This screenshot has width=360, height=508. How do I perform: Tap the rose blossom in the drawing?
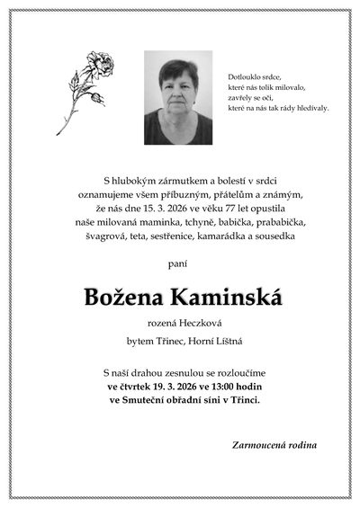(x=98, y=66)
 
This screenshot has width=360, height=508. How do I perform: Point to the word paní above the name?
(x=180, y=263)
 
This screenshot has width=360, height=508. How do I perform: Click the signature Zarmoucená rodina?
(x=274, y=445)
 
